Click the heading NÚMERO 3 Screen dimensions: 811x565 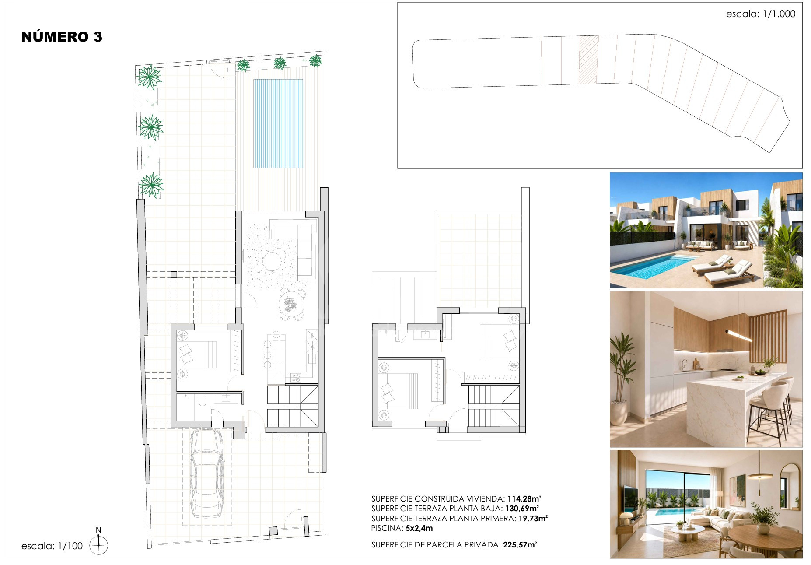click(62, 37)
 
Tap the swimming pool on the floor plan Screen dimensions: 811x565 click(278, 123)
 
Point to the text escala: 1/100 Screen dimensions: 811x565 click(52, 546)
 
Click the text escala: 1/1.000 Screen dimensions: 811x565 click(761, 14)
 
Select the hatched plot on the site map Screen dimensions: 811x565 click(589, 60)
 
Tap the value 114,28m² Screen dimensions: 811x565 click(524, 499)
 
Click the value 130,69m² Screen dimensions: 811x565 click(522, 509)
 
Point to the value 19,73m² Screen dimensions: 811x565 click(533, 519)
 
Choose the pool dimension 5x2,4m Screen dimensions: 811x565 click(419, 528)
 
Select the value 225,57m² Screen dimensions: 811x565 click(520, 545)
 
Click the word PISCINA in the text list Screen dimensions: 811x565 click(386, 528)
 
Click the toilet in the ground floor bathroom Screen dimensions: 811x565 click(202, 400)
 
